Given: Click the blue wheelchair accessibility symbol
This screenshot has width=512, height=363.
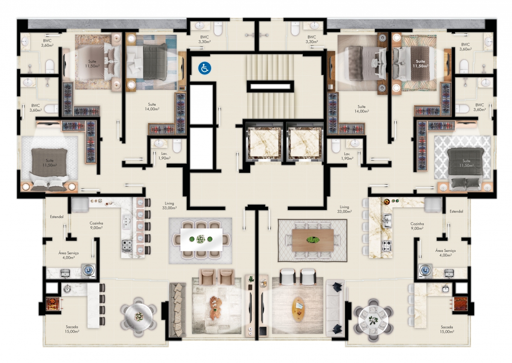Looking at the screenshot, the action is (x=204, y=68).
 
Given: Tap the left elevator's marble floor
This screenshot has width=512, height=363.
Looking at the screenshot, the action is (x=265, y=144).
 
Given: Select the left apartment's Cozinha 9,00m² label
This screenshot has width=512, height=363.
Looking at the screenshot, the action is (x=96, y=225).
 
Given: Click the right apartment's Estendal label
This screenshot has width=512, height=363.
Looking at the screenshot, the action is (x=456, y=211).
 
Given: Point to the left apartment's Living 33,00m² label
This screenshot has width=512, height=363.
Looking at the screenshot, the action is (x=169, y=206).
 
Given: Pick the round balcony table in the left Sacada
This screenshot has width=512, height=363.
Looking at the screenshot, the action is (x=139, y=317).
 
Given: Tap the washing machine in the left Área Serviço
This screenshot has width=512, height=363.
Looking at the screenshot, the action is (x=89, y=271).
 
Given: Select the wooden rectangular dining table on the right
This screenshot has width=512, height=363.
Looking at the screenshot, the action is (x=313, y=240).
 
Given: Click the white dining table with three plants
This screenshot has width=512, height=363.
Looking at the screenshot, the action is (x=201, y=239).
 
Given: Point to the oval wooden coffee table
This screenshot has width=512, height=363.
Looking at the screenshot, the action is (x=299, y=309).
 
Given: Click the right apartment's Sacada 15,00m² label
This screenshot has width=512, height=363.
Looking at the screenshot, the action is (x=447, y=329).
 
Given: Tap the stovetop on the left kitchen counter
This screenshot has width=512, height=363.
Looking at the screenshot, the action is (x=127, y=246).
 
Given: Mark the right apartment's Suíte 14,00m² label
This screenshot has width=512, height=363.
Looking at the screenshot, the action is (x=362, y=109).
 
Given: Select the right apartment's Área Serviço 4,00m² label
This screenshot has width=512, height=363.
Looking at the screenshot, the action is (x=445, y=253).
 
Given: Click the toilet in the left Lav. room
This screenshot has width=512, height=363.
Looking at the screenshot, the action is (x=177, y=145).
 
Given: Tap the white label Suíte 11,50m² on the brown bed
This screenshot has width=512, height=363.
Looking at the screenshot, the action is (x=420, y=64).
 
